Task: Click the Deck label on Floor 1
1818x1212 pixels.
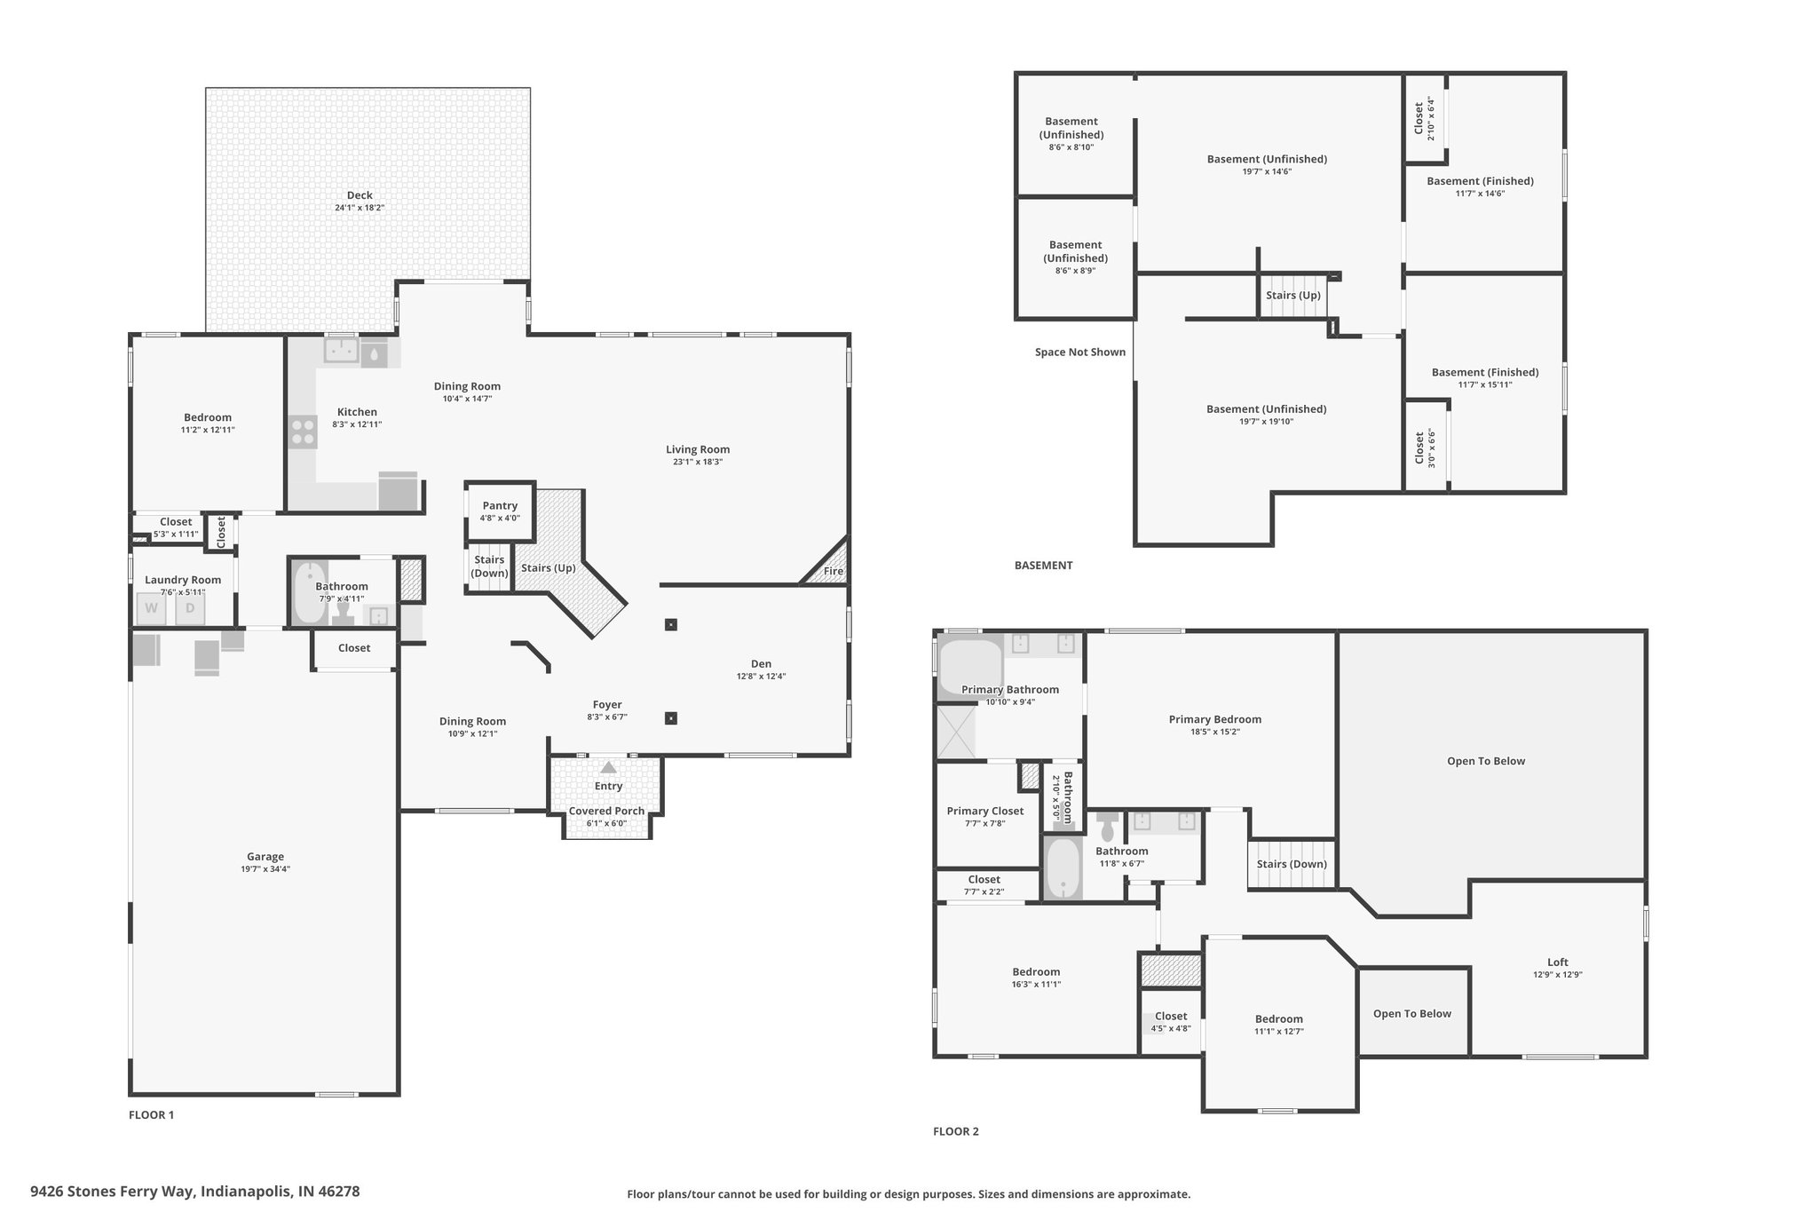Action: (x=360, y=195)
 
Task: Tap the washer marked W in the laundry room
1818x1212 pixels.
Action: (x=152, y=608)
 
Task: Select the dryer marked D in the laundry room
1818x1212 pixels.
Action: (x=190, y=608)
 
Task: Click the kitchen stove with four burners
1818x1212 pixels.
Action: (x=303, y=432)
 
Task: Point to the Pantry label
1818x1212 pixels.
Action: (x=500, y=505)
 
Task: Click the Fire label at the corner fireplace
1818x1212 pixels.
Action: (x=833, y=571)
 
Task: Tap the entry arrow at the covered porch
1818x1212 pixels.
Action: (x=608, y=767)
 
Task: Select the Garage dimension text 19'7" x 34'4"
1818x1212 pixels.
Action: (x=265, y=869)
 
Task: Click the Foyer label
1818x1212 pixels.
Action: (x=607, y=705)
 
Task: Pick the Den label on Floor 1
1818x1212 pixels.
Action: (x=761, y=663)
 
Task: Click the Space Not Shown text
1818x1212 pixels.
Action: (x=1080, y=352)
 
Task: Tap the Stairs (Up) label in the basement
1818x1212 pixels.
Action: (x=1292, y=295)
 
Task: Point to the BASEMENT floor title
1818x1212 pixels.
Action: (x=1043, y=565)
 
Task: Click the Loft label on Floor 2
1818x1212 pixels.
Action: (x=1558, y=962)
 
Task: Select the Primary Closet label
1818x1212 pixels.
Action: (x=985, y=811)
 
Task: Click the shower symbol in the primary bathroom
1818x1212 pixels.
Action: (x=956, y=732)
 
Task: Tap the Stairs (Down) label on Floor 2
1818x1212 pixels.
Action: (x=1292, y=864)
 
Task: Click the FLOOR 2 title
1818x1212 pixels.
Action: (x=956, y=1131)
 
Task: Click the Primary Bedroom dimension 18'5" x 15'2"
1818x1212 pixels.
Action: (x=1215, y=732)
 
